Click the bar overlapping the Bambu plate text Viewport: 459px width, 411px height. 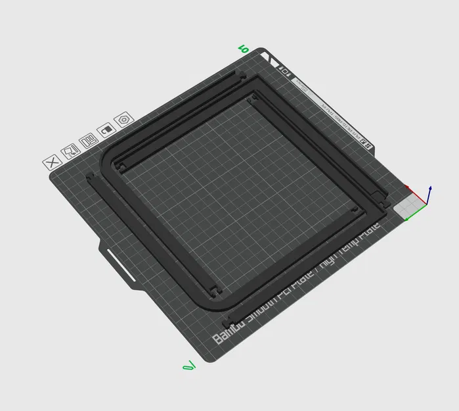(263, 303)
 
